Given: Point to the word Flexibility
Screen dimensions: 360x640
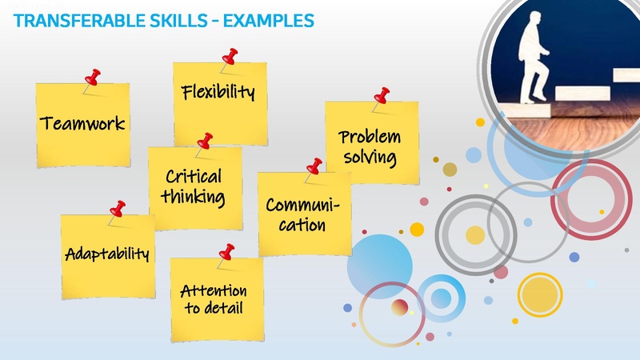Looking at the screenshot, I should (218, 92).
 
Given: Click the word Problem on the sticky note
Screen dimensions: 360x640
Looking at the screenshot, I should (369, 137).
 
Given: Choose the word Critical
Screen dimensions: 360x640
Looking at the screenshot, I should (194, 176).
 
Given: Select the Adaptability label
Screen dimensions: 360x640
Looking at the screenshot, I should (107, 254).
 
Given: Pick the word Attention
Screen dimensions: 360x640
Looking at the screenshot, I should (214, 290).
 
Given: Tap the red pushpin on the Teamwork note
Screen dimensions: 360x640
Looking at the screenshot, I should (94, 78).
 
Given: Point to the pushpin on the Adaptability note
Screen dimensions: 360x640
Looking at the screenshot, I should (118, 210).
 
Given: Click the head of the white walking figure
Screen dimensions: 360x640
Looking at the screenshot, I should (529, 22).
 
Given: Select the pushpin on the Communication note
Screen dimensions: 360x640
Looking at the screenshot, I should (314, 166).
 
